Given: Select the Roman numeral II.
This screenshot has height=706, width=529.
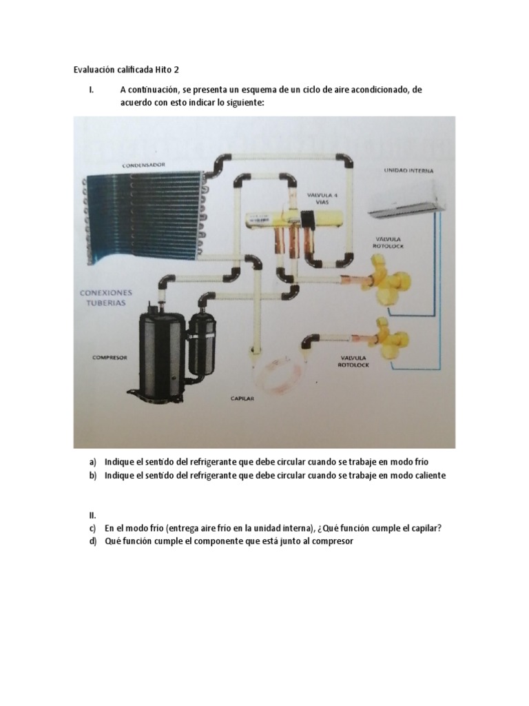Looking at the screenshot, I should tap(92, 515).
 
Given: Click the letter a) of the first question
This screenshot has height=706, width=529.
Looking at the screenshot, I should tap(92, 461).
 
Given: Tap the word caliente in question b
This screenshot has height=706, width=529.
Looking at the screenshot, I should tap(428, 476).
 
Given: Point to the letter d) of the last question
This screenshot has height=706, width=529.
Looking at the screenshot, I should tap(92, 541).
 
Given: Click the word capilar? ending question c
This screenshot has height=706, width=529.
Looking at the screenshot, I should tap(422, 528).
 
